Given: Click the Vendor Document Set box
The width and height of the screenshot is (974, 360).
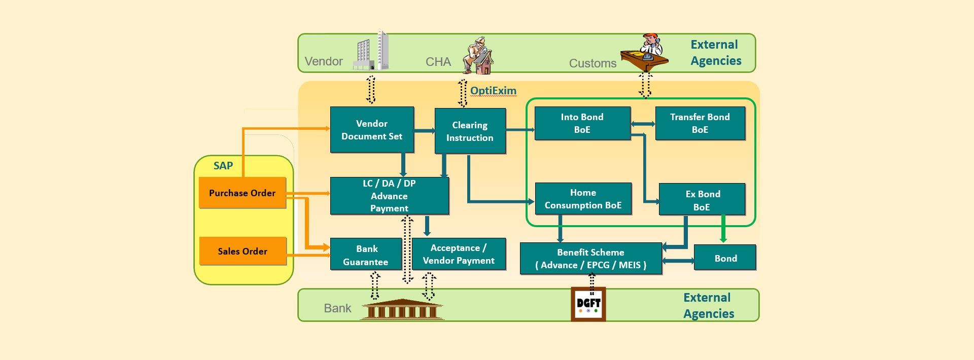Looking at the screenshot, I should click(372, 130).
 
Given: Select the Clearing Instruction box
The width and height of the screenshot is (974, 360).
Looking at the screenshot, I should click(470, 131).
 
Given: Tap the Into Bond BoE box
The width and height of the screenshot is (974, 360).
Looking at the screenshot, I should click(582, 123).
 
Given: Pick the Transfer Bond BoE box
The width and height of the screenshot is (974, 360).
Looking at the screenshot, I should click(700, 123).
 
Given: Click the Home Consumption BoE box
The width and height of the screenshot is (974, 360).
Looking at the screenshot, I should click(583, 199).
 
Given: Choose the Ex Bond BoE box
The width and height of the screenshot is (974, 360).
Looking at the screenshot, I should click(702, 200).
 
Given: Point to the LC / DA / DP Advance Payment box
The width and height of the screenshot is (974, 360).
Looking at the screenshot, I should click(389, 196).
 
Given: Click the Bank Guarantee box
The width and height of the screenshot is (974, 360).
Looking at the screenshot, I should click(366, 255).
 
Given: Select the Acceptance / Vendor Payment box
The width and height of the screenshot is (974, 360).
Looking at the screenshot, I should click(459, 254).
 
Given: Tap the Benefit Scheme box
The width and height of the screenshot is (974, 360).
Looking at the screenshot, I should click(590, 259).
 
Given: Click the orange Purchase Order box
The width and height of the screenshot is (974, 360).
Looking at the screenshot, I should click(242, 193).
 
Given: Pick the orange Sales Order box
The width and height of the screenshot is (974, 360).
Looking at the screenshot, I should click(242, 251).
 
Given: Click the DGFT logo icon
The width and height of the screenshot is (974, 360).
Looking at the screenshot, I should click(588, 304).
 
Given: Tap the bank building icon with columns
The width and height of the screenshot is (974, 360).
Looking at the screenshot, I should click(402, 309).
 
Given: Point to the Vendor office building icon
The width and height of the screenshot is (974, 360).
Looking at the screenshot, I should click(372, 51).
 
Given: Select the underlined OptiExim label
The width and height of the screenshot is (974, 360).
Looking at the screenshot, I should click(493, 91).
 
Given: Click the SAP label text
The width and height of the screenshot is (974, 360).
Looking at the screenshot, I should click(223, 166).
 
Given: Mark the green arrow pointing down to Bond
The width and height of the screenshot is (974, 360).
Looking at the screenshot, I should click(723, 229).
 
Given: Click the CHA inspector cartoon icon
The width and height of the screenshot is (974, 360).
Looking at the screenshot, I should click(478, 56).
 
